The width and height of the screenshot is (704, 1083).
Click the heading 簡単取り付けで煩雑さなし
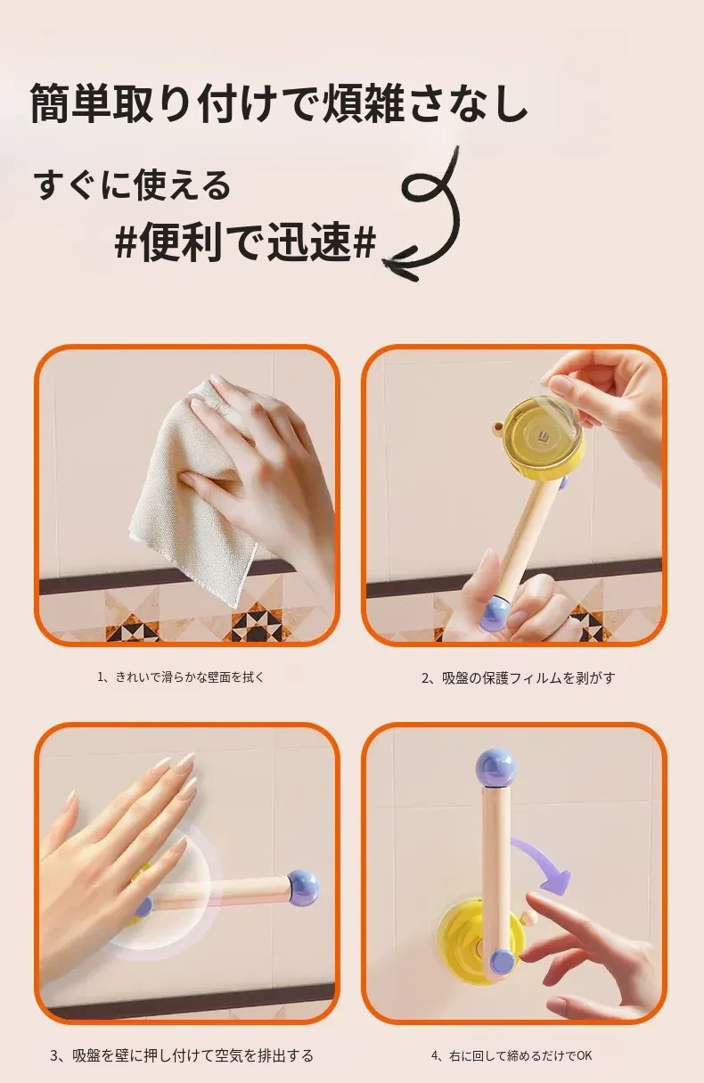(278, 103)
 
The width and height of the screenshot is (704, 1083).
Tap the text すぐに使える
(133, 185)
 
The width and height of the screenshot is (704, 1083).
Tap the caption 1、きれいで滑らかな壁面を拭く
(182, 677)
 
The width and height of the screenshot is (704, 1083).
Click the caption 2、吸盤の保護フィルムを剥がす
(519, 677)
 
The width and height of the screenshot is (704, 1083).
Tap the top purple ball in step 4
(495, 768)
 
